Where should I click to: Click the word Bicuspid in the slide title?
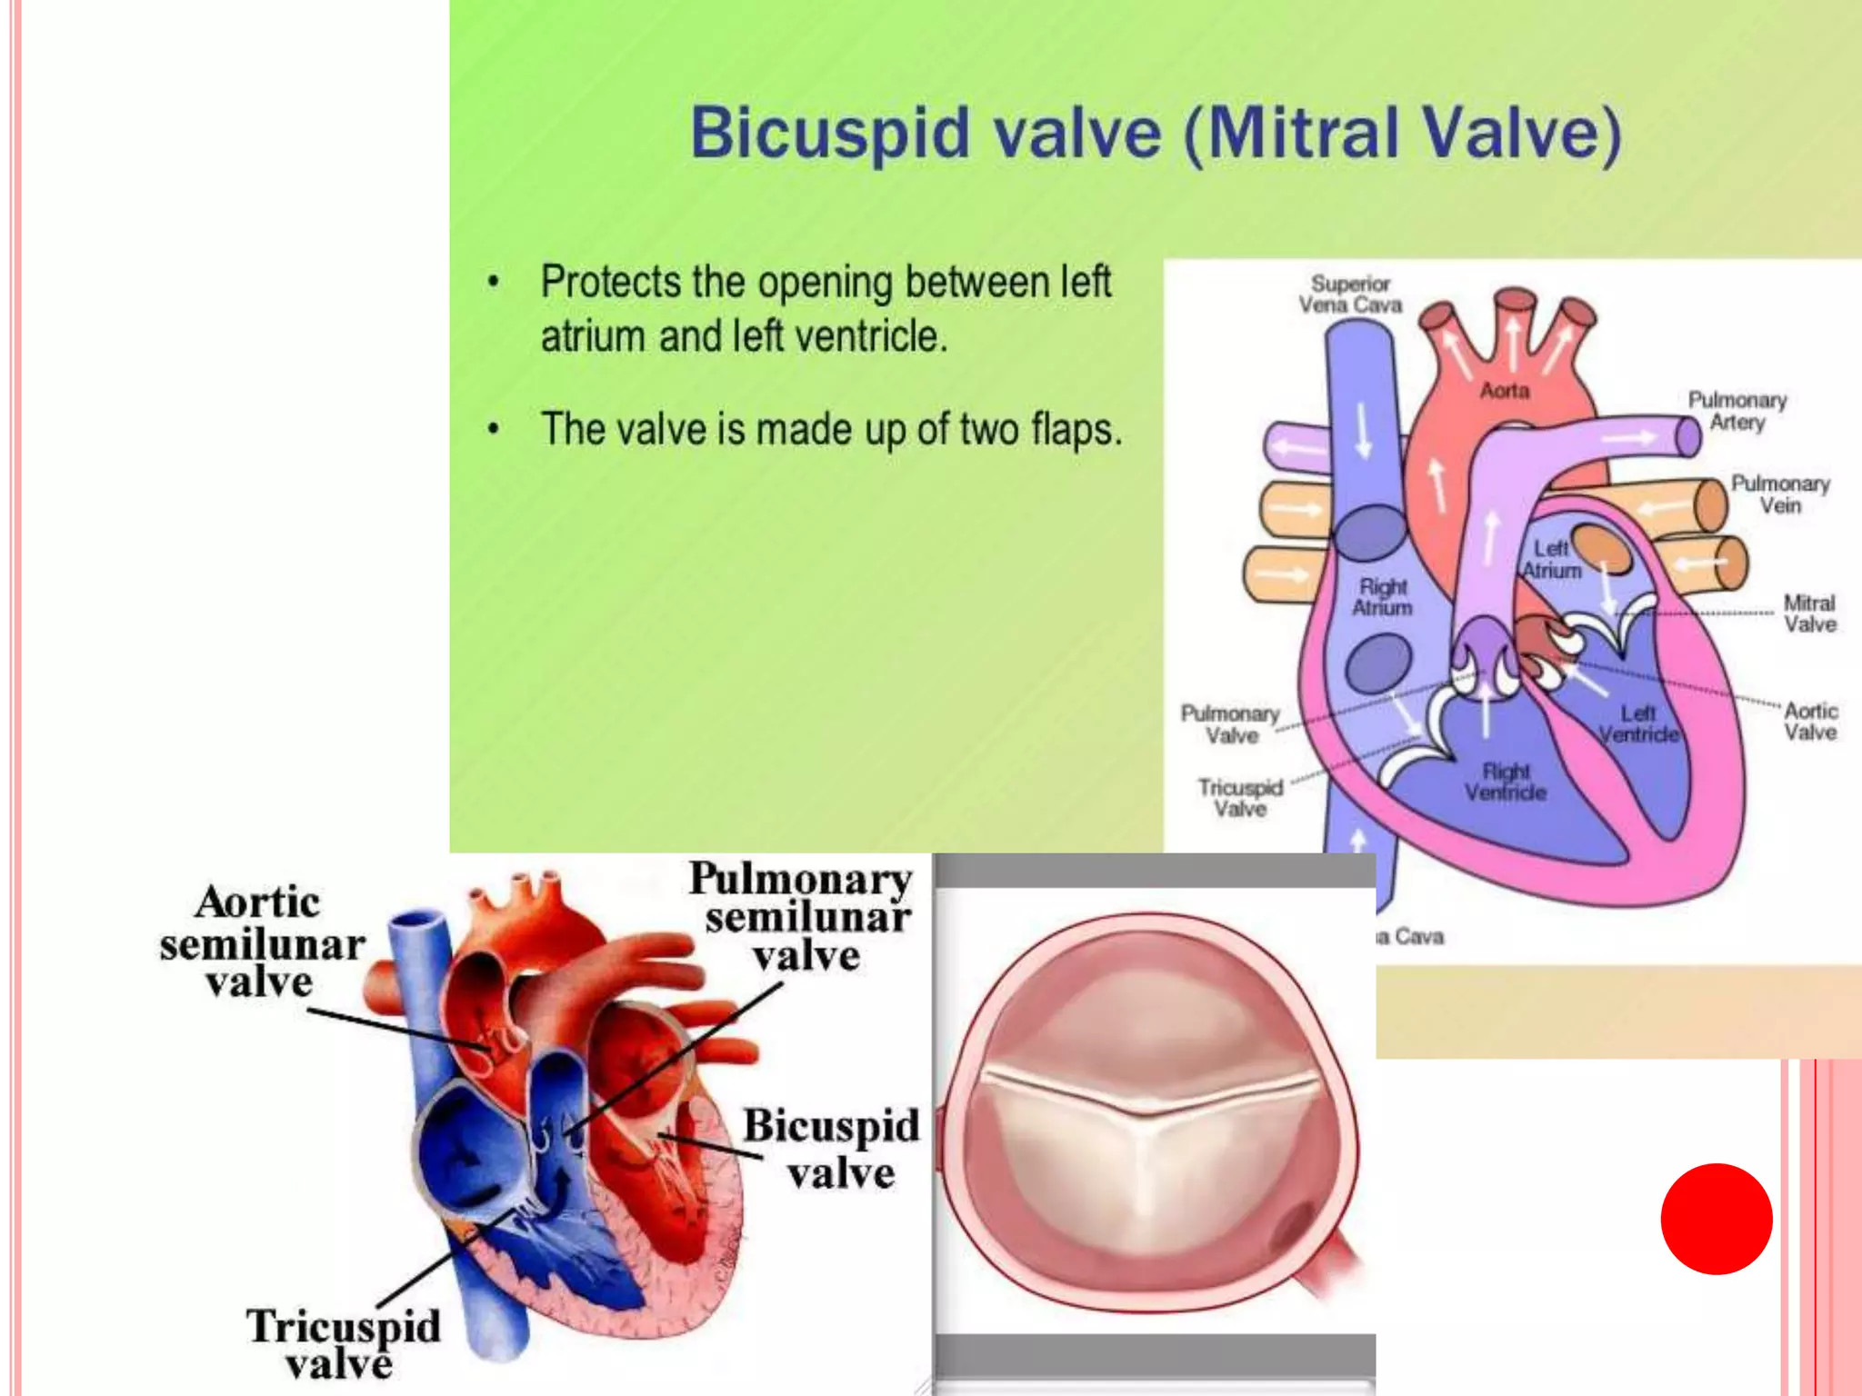(830, 134)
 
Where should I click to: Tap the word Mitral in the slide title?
(1304, 134)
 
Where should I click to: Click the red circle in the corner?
(1716, 1219)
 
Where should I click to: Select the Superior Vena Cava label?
(1350, 294)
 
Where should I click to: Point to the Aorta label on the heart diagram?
(1505, 391)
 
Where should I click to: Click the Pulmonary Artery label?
(1737, 411)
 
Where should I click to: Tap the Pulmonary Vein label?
(1779, 494)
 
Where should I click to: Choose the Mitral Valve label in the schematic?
(1809, 613)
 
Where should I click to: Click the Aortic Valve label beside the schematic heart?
(1810, 722)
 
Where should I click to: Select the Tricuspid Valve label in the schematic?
(1240, 798)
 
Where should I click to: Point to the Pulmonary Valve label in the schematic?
(1230, 724)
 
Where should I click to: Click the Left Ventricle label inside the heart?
(1638, 724)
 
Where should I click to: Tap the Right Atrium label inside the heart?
(1382, 597)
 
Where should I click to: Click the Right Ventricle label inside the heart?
(1506, 782)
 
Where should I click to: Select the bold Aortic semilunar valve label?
(261, 942)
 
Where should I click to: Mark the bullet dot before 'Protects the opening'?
(493, 282)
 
